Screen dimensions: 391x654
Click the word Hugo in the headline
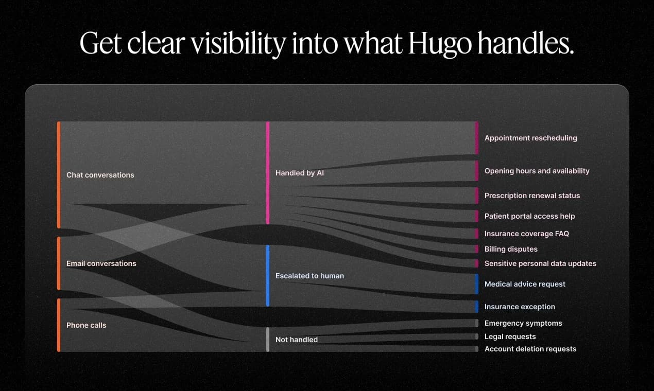coord(439,44)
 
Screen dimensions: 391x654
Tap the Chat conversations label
coord(100,175)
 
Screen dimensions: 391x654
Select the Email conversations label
coord(101,263)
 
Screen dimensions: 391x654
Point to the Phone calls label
coord(86,325)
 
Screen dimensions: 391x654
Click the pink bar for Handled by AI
coord(268,173)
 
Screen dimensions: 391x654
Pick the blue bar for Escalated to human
coord(268,276)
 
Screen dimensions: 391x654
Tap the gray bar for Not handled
coord(268,340)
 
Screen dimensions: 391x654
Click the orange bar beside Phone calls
coord(59,325)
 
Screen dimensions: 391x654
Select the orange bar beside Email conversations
coord(59,263)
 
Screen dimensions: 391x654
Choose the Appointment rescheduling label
coord(530,138)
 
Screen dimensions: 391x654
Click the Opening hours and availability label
coord(537,171)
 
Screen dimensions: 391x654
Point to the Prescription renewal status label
coord(532,195)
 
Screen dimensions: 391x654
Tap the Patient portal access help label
coord(529,216)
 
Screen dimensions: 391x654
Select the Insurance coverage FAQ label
coord(526,234)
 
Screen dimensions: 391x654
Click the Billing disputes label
coord(511,249)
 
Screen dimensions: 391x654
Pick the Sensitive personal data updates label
coord(540,263)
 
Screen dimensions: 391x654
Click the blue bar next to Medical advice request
coord(476,284)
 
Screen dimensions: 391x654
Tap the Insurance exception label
coord(520,307)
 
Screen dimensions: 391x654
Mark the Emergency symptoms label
coord(523,323)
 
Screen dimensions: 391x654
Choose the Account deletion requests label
coord(530,349)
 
